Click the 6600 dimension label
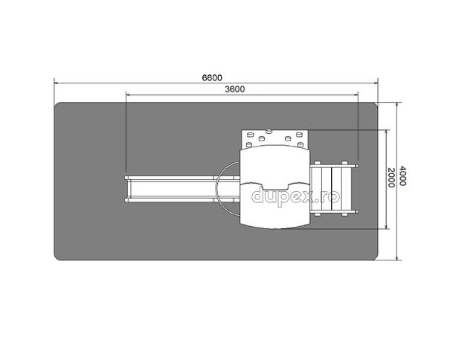coord(212,77)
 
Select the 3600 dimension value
coord(235,89)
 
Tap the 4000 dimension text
coord(402,176)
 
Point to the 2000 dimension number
coord(391,178)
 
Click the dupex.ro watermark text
coord(295,196)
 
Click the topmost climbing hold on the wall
coord(269,131)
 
